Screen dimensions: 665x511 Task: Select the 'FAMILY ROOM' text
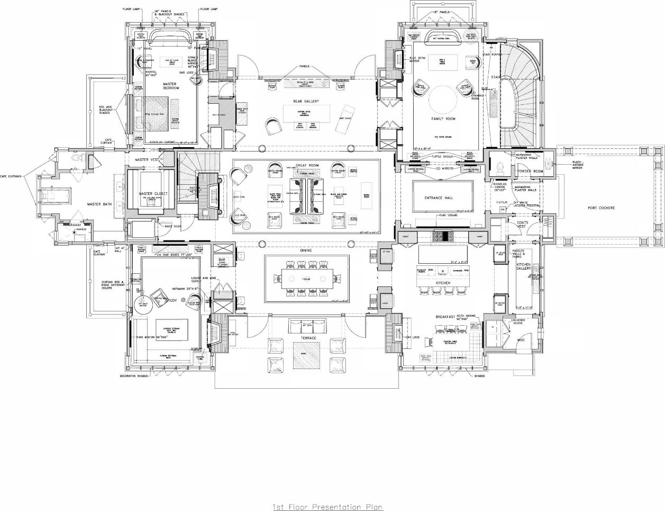[x=443, y=119]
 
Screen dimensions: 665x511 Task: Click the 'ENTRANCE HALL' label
[x=439, y=198]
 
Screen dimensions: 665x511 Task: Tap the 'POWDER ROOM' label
[x=530, y=171]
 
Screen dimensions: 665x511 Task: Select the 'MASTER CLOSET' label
[x=153, y=194]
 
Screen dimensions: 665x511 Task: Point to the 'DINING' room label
[x=306, y=250]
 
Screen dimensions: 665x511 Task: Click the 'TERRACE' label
[x=308, y=338]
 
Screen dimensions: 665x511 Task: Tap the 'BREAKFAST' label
[x=445, y=317]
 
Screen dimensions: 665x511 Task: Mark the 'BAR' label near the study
[x=222, y=260]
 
